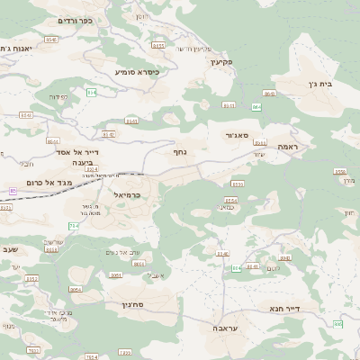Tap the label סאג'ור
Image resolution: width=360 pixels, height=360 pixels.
tap(237, 135)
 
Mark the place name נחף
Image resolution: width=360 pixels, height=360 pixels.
tap(180, 151)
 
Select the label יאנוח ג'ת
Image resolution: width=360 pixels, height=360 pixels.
tap(16, 48)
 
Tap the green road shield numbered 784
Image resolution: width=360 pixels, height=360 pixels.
tap(73, 226)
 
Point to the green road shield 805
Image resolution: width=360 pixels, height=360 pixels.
tap(338, 323)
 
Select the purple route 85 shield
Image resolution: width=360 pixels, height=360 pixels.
tap(13, 191)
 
